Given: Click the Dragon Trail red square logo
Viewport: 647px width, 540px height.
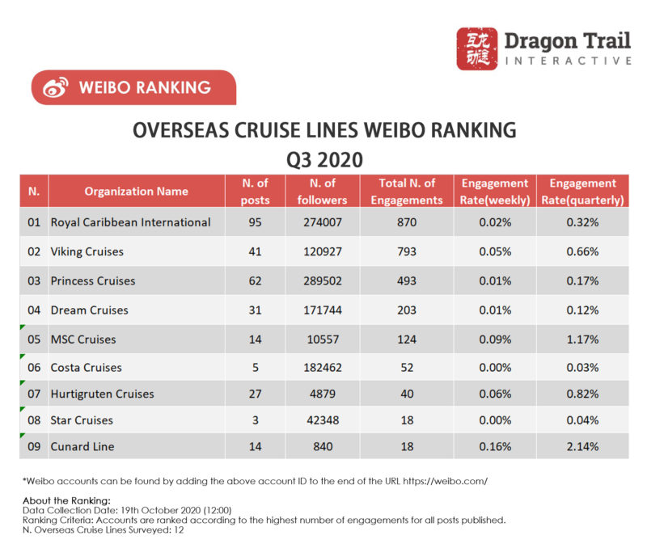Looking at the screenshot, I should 477,49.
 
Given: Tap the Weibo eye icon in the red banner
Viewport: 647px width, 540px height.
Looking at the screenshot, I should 55,88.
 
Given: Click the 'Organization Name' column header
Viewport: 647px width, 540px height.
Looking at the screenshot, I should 136,192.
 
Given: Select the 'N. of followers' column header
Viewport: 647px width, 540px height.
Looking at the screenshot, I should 322,192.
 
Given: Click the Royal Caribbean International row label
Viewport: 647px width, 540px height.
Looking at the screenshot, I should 130,221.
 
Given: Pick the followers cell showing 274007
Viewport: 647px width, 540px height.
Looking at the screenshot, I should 322,221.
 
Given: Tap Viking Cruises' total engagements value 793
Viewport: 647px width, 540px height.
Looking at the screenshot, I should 407,251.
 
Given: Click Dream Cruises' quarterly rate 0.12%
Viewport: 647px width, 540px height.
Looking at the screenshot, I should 582,310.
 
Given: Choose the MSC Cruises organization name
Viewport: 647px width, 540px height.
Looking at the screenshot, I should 83,339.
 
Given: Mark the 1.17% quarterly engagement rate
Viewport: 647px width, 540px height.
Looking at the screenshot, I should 582,339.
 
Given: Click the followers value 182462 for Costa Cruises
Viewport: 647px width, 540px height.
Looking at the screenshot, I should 322,367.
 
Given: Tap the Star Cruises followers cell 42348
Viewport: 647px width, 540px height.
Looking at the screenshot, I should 322,420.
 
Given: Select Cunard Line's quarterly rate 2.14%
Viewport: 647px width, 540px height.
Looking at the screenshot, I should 582,446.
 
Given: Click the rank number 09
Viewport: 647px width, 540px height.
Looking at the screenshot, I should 34,446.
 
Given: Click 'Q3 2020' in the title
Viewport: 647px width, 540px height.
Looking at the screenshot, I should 323,157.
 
